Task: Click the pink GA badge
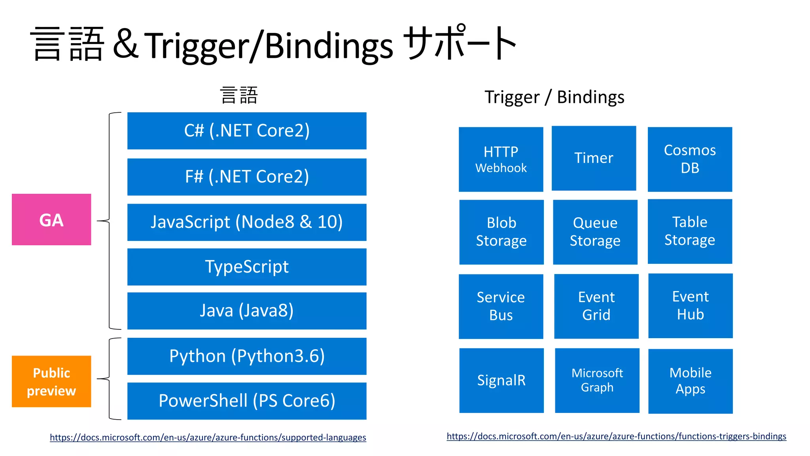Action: coord(51,219)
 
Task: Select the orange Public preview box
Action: coord(51,381)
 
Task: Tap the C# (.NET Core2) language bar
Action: coord(247,131)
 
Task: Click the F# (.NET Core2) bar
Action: coord(247,177)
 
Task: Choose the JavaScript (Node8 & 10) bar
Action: coord(247,222)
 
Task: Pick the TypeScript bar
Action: coord(247,267)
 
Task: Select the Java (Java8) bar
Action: coord(247,311)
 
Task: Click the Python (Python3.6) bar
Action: coord(247,356)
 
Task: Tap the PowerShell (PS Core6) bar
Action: coord(247,401)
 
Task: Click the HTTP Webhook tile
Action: coord(501,159)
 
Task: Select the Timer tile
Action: coord(594,158)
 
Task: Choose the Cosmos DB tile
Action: coord(690,159)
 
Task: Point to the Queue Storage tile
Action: coord(595,232)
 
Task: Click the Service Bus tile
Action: coord(501,307)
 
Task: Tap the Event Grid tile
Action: coord(596,306)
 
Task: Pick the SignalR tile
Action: coord(501,380)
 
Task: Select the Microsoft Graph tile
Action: coord(597,380)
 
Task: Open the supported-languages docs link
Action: coord(208,437)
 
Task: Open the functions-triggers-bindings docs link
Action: coord(616,436)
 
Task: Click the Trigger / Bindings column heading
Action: coord(554,97)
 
